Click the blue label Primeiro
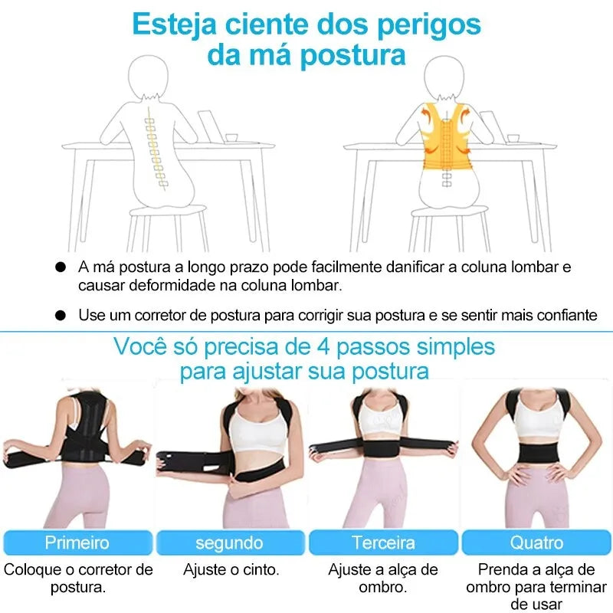point(77,543)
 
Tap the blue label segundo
point(229,543)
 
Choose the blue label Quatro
point(536,543)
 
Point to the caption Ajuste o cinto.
point(231,570)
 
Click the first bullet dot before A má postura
point(61,268)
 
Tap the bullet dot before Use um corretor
point(61,315)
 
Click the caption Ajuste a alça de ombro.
point(383,579)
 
